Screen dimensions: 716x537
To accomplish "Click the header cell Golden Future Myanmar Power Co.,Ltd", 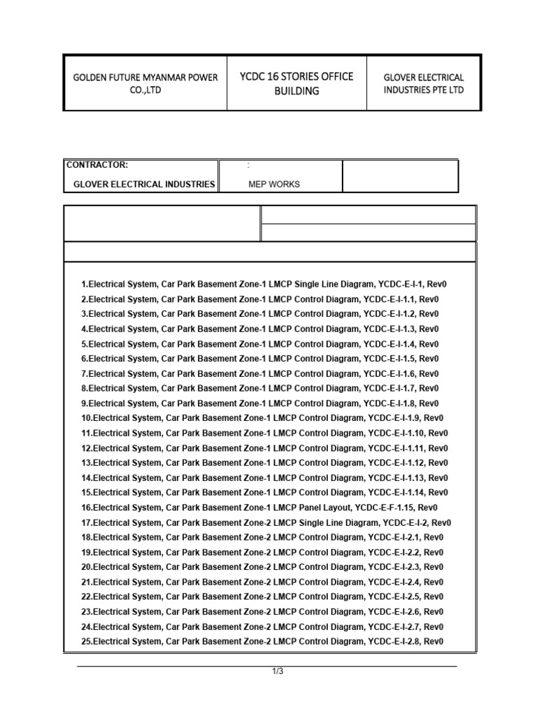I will click(145, 83).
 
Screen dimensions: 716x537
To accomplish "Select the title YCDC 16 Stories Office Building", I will click(296, 83).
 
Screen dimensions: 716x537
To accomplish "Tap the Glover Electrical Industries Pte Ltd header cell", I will click(423, 83).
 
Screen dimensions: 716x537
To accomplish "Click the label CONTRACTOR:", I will click(97, 166).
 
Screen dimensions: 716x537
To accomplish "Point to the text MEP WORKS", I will click(274, 185).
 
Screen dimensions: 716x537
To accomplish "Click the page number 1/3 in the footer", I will click(278, 672).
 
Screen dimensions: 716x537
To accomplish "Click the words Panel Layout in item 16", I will click(325, 508).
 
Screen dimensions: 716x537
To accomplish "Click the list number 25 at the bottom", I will click(86, 642).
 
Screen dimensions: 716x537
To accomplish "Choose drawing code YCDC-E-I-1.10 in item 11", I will click(396, 434).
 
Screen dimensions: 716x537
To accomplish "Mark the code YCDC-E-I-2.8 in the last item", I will click(394, 642).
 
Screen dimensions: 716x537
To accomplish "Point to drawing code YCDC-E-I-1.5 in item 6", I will click(389, 359).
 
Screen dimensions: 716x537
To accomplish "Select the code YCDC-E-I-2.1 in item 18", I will click(394, 538).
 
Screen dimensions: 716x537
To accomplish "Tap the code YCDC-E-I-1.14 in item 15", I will click(396, 493).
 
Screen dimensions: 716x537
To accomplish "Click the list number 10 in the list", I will click(86, 418).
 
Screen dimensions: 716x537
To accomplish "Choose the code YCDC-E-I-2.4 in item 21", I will click(394, 582).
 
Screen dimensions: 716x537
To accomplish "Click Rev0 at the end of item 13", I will click(438, 463).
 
